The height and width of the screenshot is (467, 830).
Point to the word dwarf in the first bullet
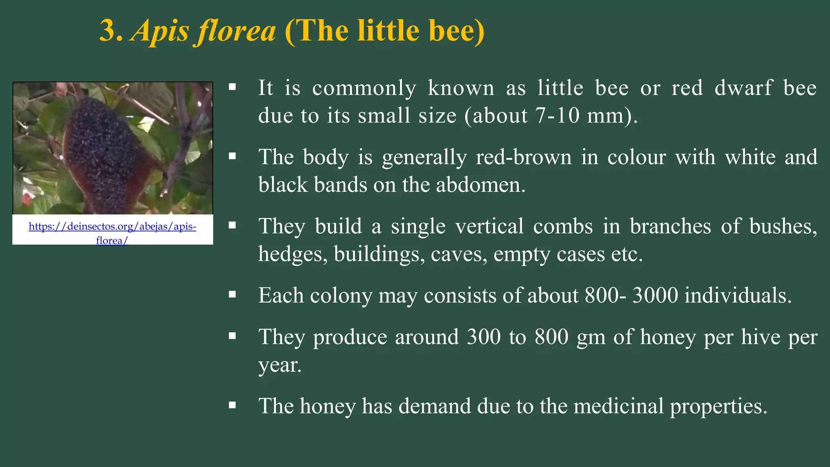coord(743,88)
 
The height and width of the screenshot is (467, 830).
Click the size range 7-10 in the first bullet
coord(558,116)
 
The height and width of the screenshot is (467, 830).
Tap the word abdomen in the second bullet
coord(481,185)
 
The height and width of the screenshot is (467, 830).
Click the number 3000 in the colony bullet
coord(655,296)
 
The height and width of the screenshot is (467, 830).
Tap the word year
coord(280,366)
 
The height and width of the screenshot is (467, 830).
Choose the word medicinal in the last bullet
coord(618,406)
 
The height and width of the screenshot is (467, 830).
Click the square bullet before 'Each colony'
coord(232,295)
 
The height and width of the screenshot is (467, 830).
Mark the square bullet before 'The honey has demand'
coord(232,405)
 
